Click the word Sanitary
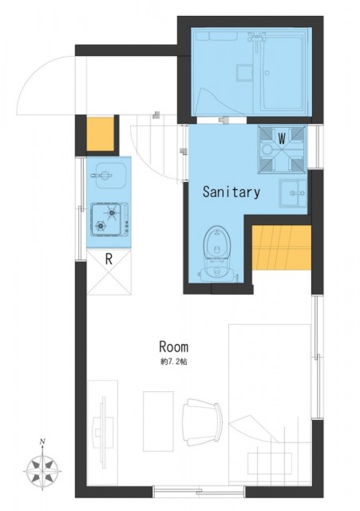tap(231, 192)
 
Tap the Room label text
tap(174, 347)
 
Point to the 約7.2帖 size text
tap(174, 362)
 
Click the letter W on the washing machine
tap(282, 140)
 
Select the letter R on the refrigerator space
tap(109, 259)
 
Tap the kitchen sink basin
tap(109, 176)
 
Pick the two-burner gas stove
tap(109, 219)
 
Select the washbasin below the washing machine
tap(293, 193)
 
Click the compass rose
tap(42, 471)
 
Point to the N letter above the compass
tap(42, 442)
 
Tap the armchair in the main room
tap(203, 423)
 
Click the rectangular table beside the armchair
tap(158, 421)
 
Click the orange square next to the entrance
tap(100, 134)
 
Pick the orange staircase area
tap(281, 248)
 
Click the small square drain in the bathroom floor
tap(244, 72)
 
